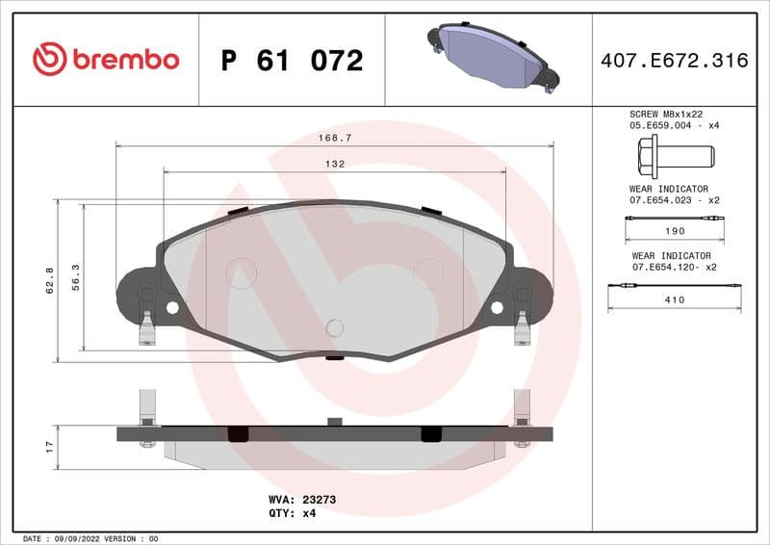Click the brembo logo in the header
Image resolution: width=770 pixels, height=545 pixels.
106,60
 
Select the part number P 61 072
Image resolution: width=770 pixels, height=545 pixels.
292,61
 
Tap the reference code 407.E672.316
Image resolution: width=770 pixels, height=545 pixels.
674,61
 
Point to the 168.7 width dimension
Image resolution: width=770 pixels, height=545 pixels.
334,138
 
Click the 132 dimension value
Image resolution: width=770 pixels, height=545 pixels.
334,165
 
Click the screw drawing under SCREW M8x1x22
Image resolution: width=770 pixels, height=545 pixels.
674,155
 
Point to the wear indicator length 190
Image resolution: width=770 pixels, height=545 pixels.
675,231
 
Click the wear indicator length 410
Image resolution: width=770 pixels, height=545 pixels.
675,299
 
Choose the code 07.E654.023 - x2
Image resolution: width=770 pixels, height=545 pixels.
675,200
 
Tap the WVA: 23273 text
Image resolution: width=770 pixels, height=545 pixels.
301,500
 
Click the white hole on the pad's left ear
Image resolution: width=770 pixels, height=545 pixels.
172,308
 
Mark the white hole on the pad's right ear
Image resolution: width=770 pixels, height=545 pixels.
497,308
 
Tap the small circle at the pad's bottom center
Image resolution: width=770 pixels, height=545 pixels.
334,327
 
